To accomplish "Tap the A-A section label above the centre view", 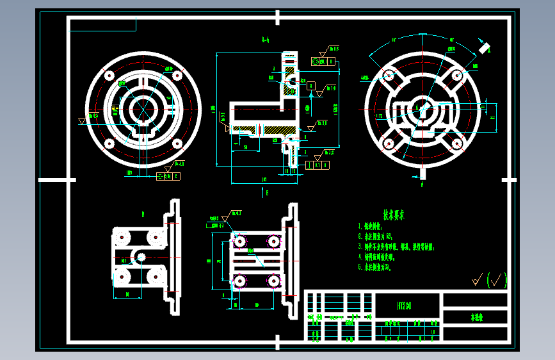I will [266, 40].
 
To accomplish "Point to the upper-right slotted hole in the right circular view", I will [457, 76].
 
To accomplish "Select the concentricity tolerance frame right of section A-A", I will [323, 61].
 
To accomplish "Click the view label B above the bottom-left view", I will [143, 213].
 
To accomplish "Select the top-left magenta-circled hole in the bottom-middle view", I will [239, 241].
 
